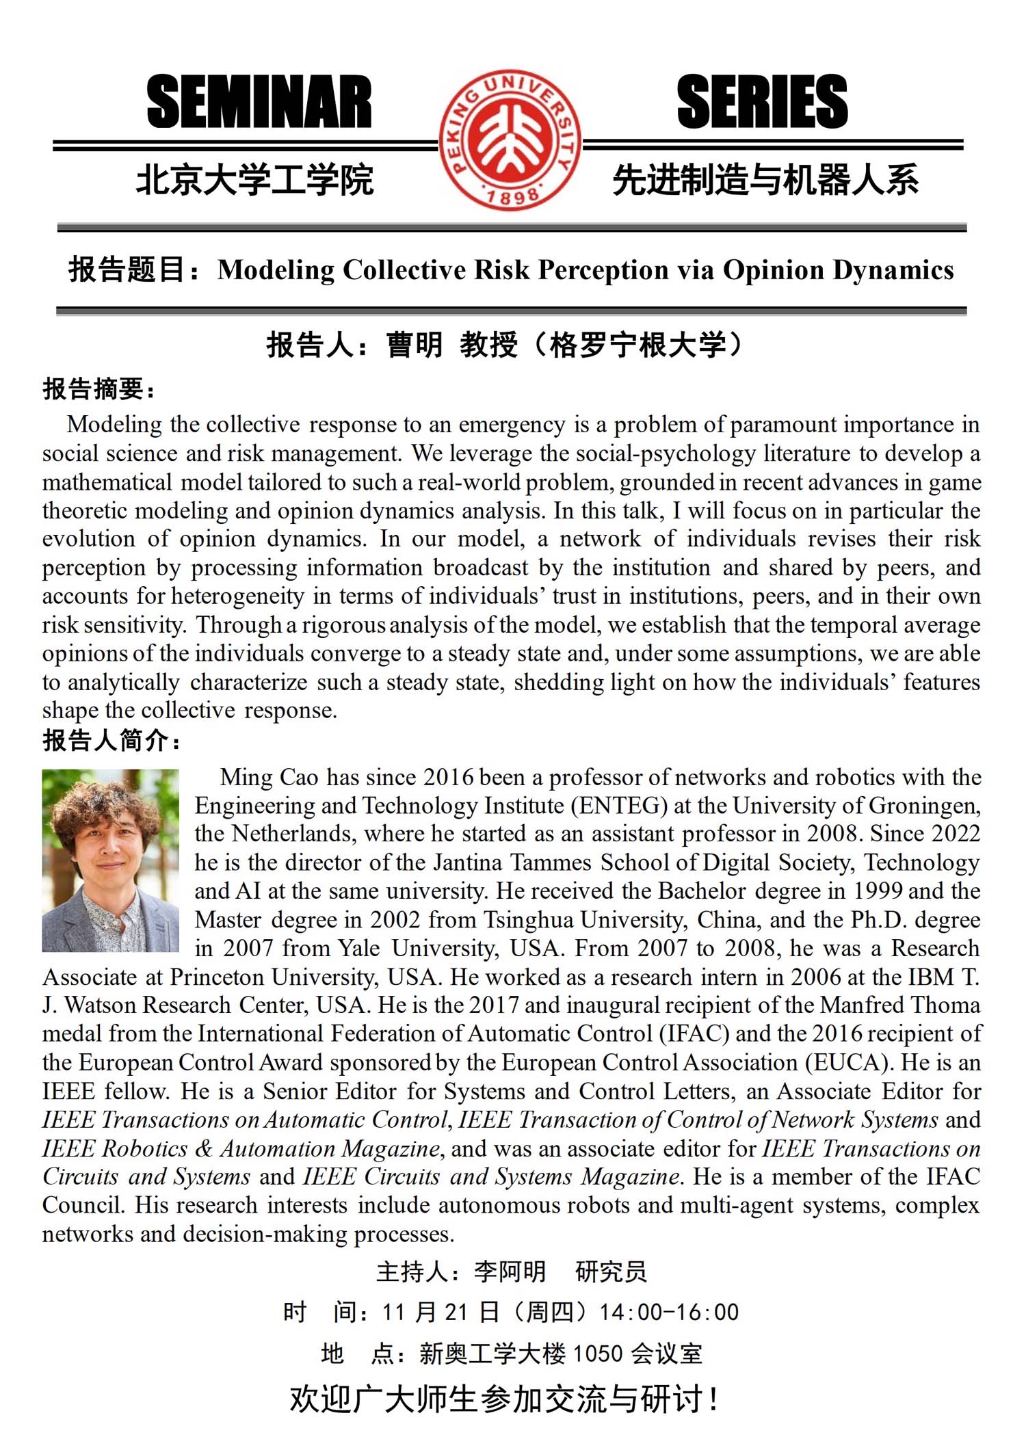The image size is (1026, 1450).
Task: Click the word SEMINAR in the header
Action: click(x=259, y=103)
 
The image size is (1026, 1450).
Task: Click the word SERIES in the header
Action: click(x=762, y=103)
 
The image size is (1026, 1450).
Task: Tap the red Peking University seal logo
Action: click(x=510, y=140)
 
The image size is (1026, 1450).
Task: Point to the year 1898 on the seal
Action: click(x=512, y=197)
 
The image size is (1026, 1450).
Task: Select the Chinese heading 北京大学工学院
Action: click(x=254, y=181)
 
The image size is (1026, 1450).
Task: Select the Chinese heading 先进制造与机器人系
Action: click(x=765, y=181)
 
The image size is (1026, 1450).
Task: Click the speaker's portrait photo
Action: click(x=110, y=860)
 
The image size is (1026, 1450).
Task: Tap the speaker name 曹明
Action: click(x=415, y=345)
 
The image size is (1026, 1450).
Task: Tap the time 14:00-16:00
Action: click(x=669, y=1312)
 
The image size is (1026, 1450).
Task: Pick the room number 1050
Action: click(x=597, y=1354)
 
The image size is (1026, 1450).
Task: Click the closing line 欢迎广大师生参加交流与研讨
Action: click(x=503, y=1399)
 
